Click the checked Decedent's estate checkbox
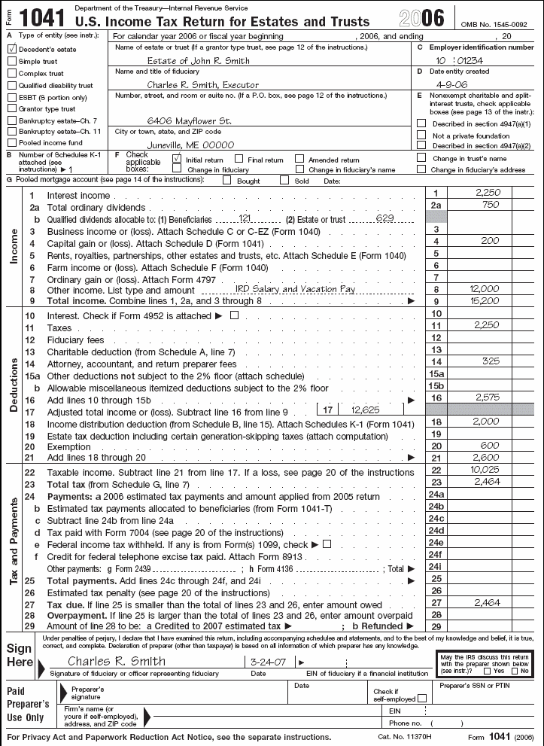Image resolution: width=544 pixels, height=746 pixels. (11, 49)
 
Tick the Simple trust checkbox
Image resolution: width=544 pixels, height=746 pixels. (11, 61)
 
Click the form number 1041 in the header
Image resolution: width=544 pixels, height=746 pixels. (38, 16)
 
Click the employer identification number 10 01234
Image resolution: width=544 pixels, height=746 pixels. (462, 61)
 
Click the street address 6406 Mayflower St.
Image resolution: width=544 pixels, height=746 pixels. (189, 120)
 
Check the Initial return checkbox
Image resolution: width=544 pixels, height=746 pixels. (177, 159)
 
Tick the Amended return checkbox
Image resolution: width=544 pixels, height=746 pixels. (299, 159)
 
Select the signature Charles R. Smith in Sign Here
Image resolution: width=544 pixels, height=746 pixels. (117, 662)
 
